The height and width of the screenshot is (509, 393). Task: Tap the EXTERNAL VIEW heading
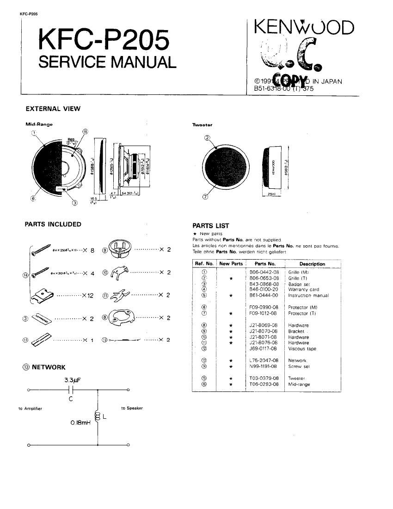tap(53, 109)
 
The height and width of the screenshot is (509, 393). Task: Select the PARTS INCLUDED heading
tap(53, 224)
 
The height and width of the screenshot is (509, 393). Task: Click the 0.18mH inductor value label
tap(80, 422)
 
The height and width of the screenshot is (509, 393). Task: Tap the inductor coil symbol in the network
tap(98, 416)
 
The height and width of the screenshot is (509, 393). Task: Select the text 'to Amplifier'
tap(30, 409)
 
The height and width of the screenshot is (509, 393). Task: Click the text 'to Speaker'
tap(132, 408)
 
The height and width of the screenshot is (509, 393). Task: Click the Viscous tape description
tap(301, 348)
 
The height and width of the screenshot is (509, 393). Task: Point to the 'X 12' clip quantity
tap(87, 295)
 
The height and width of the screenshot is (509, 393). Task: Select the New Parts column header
tap(231, 264)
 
